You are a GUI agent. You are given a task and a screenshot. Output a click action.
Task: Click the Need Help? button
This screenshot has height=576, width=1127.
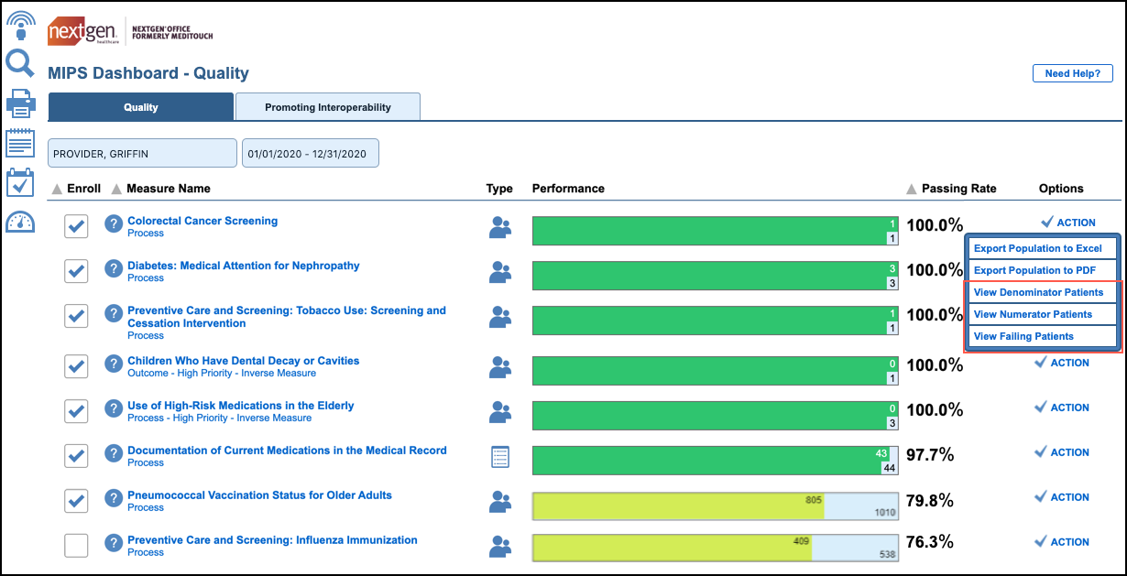click(x=1072, y=73)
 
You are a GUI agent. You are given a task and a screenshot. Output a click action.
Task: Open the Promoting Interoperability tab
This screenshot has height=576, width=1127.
click(x=327, y=107)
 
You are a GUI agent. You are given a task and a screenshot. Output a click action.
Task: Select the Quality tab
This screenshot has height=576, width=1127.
click(x=141, y=107)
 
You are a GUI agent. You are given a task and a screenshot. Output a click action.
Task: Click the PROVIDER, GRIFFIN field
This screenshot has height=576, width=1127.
click(x=142, y=154)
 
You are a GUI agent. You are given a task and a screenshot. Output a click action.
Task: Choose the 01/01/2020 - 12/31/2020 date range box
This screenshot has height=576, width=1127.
click(x=310, y=154)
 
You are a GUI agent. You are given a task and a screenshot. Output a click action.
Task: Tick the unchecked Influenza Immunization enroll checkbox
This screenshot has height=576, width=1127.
click(x=76, y=546)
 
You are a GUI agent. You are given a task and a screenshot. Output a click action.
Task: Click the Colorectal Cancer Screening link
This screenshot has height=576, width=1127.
click(x=202, y=221)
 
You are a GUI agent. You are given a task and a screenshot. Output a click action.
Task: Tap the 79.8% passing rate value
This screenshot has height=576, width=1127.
click(x=930, y=501)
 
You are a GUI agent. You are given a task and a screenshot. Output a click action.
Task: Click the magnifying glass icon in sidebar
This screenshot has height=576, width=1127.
click(x=20, y=63)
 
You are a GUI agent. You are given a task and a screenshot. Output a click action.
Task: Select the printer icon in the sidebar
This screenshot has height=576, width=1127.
click(x=20, y=103)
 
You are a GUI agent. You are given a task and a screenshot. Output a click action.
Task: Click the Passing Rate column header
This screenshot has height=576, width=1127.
click(x=957, y=189)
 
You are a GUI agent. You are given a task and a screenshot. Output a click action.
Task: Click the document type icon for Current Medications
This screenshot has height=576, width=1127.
click(x=499, y=456)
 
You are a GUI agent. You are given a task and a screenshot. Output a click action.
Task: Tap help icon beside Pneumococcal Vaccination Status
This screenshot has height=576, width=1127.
click(x=113, y=499)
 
